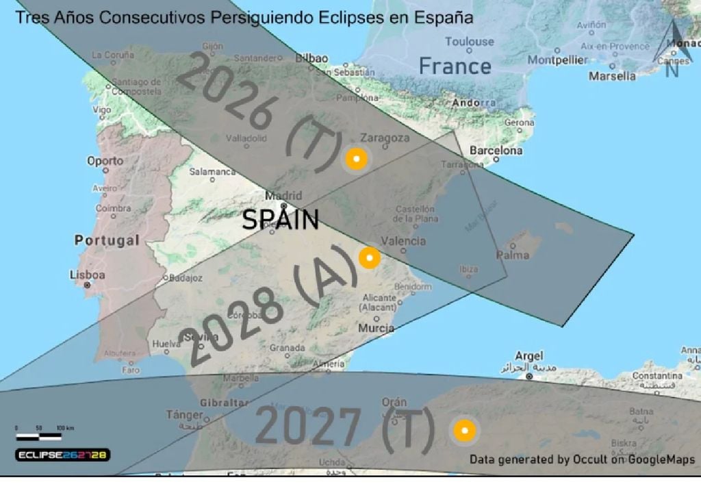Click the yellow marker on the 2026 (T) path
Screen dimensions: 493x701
(355, 159)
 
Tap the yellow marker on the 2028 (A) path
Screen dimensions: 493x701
(369, 258)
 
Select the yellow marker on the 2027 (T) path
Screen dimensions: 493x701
(464, 431)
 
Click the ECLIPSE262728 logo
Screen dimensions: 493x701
(63, 455)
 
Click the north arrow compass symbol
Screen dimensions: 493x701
(672, 51)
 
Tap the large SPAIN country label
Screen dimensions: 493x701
(281, 220)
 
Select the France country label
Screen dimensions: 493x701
(455, 66)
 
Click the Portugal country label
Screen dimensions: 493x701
(106, 240)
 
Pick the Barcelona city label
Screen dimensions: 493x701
(496, 150)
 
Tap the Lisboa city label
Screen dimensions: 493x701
(88, 275)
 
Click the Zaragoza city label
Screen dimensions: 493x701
(385, 138)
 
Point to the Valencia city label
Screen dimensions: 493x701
(403, 240)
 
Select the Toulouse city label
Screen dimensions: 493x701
(469, 41)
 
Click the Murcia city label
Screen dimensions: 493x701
(376, 328)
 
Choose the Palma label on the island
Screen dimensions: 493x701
(513, 255)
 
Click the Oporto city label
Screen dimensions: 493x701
(105, 161)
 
